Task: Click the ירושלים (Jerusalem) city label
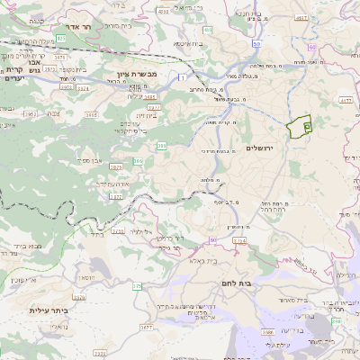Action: tap(260, 148)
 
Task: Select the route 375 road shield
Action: tap(137, 286)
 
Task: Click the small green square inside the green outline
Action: tap(307, 127)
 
